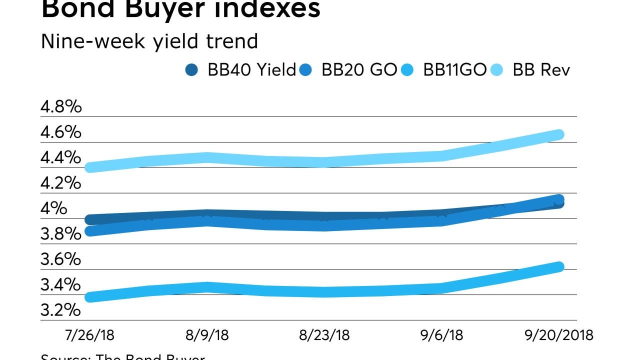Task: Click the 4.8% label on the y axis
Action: pos(61,106)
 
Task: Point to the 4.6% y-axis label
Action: pos(61,132)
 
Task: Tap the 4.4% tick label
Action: pos(61,157)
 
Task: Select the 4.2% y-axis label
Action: pos(61,183)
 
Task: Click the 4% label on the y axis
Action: pos(54,208)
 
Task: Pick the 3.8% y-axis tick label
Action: pos(61,234)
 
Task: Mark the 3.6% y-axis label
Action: pos(61,259)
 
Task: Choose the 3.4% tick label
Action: pos(61,285)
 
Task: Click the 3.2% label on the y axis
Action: pos(61,310)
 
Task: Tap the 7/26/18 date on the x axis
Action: pos(90,334)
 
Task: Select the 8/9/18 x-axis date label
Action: pos(207,334)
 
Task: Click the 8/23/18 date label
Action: pos(324,334)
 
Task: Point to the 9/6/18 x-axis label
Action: pos(441,334)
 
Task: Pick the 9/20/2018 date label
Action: pos(558,334)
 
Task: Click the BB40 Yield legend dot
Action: pos(191,70)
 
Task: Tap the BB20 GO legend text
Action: pos(359,70)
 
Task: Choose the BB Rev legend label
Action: pos(541,70)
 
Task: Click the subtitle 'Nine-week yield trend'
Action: pos(149,41)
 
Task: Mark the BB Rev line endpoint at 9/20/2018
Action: pos(558,134)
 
